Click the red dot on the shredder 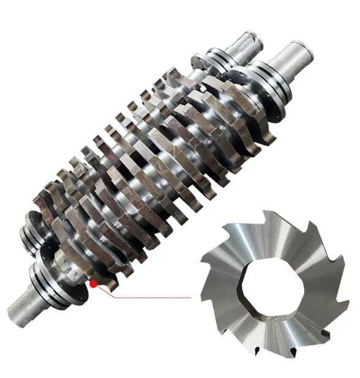[x=92, y=284]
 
